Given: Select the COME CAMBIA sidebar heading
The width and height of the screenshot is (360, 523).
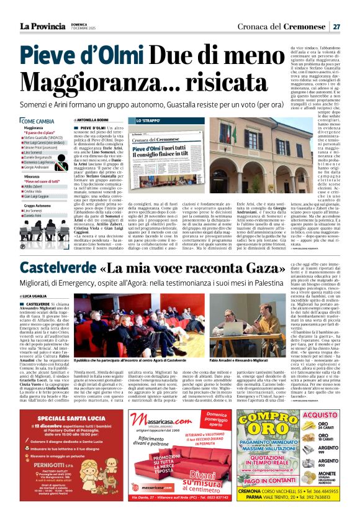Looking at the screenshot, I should click(x=38, y=121).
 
